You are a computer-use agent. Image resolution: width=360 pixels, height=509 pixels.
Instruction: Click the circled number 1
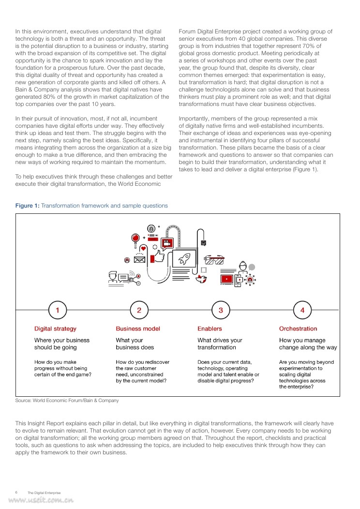(58, 310)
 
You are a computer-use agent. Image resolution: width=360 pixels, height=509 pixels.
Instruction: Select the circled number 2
(139, 310)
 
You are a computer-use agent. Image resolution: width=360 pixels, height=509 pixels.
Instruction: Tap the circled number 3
(221, 310)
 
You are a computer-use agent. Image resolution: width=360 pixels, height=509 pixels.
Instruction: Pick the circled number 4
(302, 310)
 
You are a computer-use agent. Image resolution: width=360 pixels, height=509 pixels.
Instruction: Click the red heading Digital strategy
(55, 329)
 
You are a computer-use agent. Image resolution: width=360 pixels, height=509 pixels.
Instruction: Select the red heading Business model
(138, 329)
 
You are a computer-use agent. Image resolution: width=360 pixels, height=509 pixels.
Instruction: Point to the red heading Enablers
(210, 329)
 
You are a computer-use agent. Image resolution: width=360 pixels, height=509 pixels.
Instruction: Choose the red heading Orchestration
(298, 329)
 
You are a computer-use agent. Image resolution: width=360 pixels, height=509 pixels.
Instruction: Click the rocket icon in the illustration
(184, 258)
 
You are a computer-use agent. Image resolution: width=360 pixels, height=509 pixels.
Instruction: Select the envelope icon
(140, 259)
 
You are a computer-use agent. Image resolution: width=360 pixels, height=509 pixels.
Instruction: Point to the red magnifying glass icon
(136, 238)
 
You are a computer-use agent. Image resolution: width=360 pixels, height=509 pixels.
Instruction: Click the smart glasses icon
(214, 259)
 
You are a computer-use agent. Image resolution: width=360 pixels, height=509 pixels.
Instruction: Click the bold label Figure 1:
(28, 206)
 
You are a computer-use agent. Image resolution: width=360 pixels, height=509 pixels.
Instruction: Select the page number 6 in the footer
(16, 492)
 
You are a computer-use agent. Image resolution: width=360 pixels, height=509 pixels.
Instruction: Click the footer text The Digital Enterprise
(44, 493)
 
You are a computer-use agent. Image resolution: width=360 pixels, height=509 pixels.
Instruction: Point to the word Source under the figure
(23, 401)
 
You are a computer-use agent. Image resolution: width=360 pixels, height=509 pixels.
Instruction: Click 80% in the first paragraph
(48, 97)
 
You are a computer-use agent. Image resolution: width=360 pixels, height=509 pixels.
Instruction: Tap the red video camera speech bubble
(167, 243)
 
